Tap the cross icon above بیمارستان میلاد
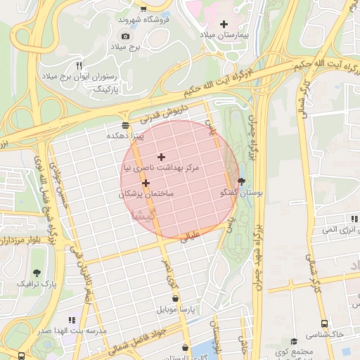point(224,24)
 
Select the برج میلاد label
point(125,46)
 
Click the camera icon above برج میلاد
point(125,36)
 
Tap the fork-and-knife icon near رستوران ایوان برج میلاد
point(79,64)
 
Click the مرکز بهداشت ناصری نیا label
point(162,168)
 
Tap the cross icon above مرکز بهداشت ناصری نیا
point(162,157)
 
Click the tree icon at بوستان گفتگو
point(242,181)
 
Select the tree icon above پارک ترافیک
point(36,272)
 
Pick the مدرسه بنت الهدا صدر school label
point(72,330)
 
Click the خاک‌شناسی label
point(330,335)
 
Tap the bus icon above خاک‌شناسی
point(323,324)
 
